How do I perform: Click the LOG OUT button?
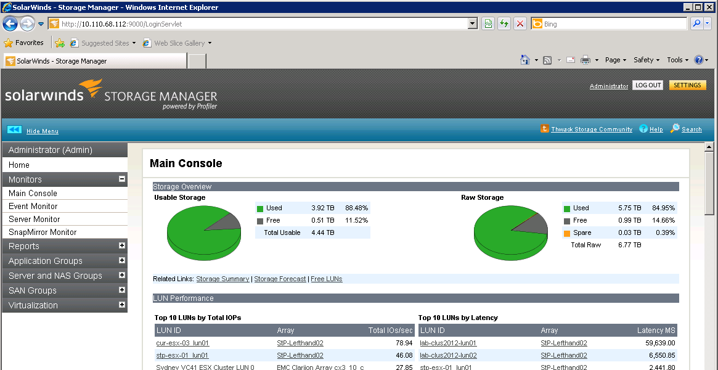(648, 86)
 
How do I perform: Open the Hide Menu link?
(43, 131)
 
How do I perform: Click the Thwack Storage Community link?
(592, 129)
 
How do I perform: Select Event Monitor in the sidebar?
(33, 207)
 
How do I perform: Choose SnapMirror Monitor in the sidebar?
(43, 232)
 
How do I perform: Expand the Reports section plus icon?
(122, 245)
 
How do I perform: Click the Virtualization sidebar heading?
(33, 305)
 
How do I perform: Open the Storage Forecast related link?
(280, 279)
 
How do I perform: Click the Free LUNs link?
(327, 279)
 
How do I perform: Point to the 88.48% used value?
(356, 208)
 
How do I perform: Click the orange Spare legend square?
(566, 233)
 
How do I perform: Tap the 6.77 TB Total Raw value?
(630, 245)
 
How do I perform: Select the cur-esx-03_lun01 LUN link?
(182, 343)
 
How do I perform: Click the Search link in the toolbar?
(691, 129)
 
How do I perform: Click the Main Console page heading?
(186, 163)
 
